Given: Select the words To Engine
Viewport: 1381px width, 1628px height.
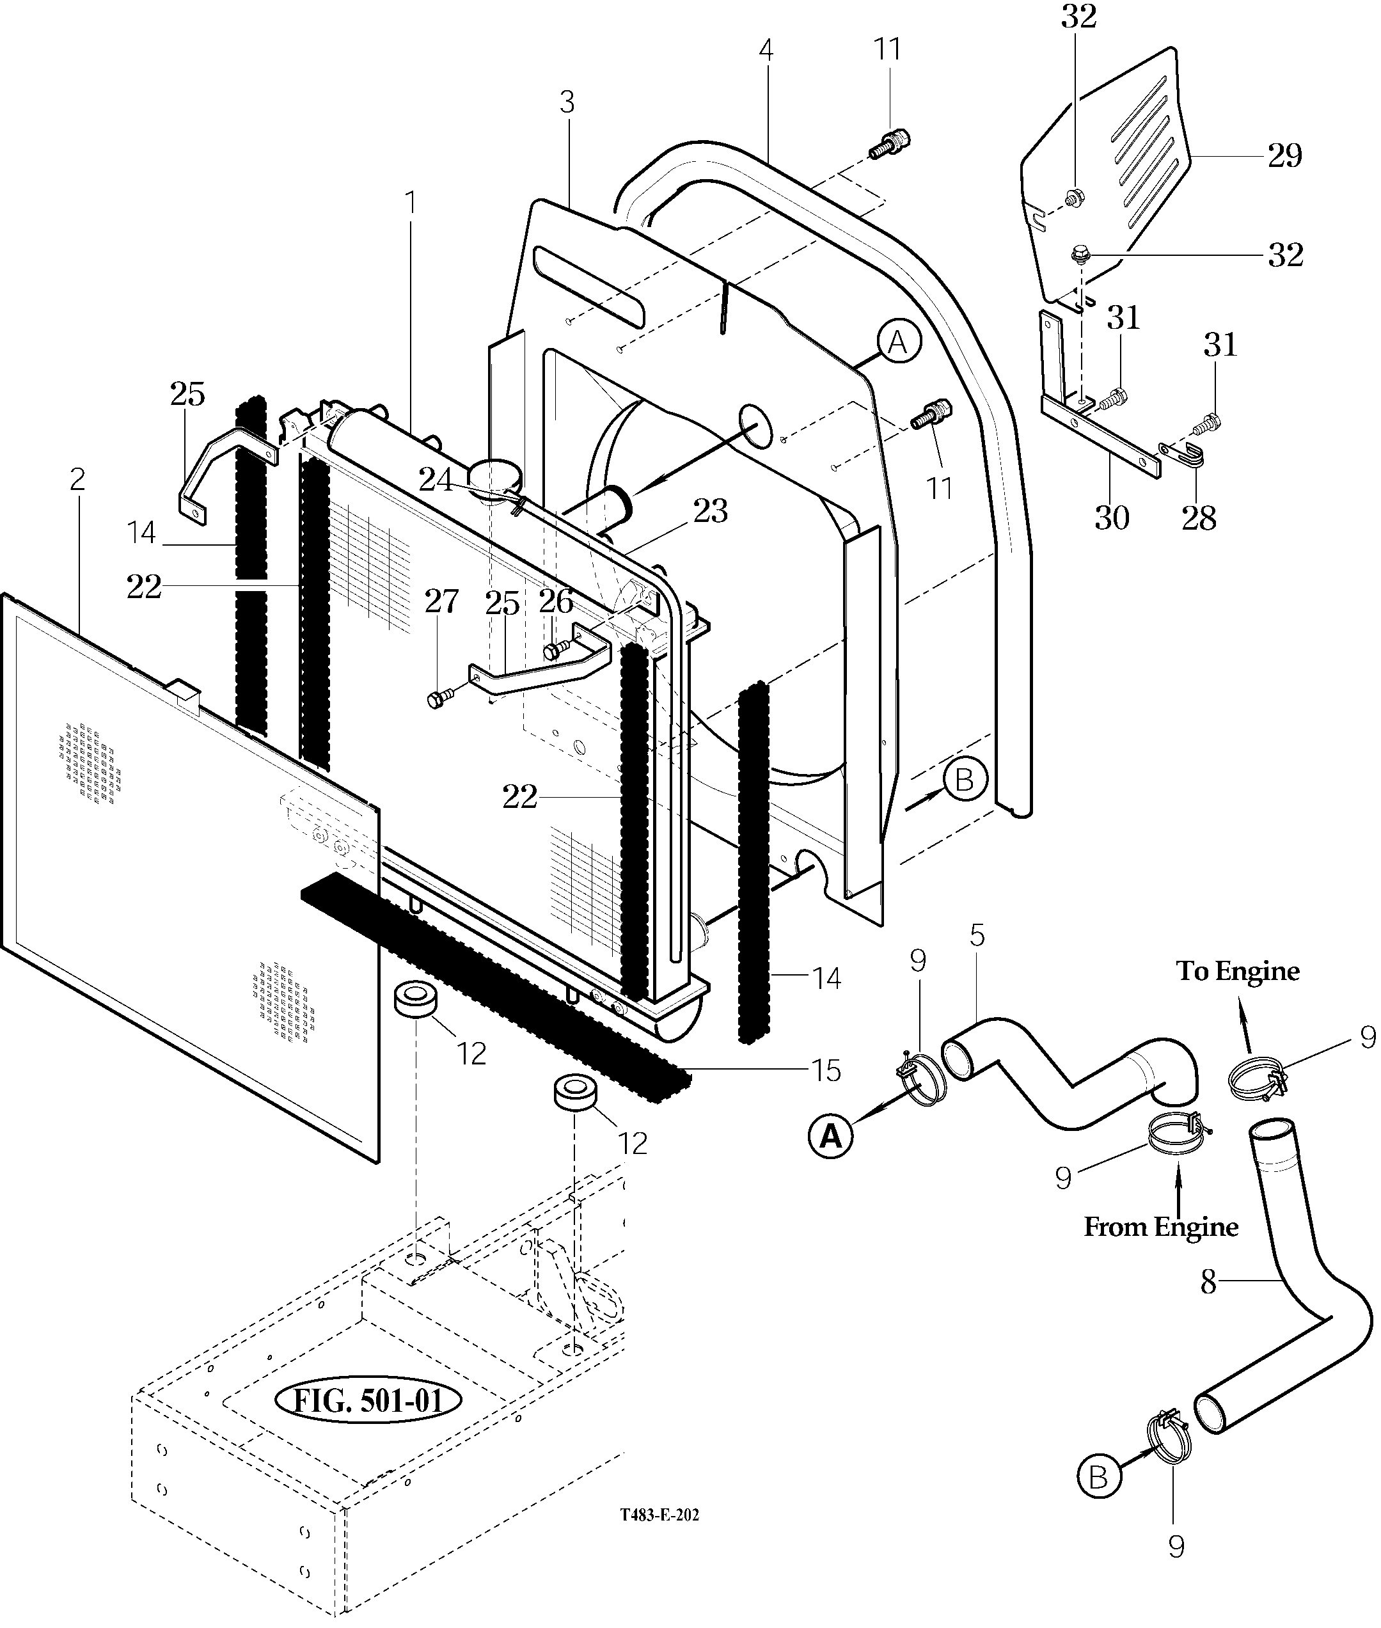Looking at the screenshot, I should (1238, 971).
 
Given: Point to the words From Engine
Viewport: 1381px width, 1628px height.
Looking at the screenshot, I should (1161, 1226).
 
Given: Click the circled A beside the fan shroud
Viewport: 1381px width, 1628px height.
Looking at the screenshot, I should (899, 342).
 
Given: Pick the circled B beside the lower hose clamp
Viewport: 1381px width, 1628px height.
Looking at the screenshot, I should (1098, 1477).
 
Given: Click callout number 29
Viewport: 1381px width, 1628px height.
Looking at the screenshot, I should (1284, 156).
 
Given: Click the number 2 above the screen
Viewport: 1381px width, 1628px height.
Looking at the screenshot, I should (77, 479).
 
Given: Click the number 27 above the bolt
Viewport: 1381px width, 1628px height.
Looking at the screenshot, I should (441, 601).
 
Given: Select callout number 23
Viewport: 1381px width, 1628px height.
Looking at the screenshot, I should (710, 510).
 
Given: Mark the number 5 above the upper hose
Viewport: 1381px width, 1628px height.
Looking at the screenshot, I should (977, 935).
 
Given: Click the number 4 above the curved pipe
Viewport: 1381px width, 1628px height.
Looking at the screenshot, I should (766, 50).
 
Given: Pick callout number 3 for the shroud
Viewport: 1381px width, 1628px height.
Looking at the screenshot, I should (567, 102).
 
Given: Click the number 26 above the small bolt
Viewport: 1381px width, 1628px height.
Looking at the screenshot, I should (556, 601).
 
